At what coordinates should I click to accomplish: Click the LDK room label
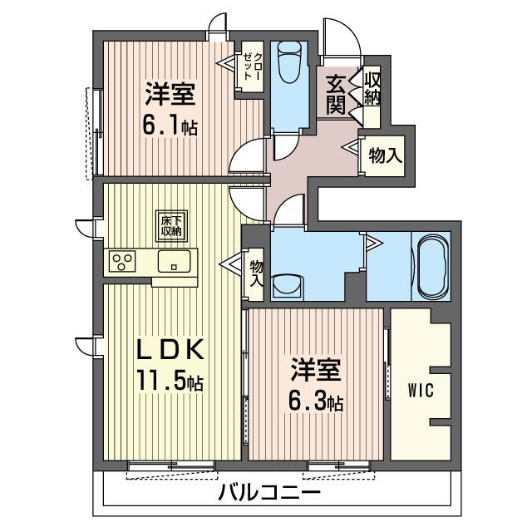[x=170, y=349]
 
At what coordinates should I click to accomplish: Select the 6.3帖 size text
[x=316, y=401]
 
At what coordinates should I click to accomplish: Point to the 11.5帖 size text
[x=170, y=381]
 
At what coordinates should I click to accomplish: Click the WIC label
[x=421, y=390]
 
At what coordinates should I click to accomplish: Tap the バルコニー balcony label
[x=269, y=492]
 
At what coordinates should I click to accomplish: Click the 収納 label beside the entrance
[x=372, y=89]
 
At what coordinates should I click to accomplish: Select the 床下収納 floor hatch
[x=171, y=226]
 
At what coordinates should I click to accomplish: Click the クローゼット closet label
[x=253, y=66]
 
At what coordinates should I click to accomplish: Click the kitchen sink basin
[x=174, y=261]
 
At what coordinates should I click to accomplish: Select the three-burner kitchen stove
[x=122, y=261]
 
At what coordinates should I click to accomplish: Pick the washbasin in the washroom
[x=287, y=286]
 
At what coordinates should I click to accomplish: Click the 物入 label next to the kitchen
[x=257, y=273]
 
